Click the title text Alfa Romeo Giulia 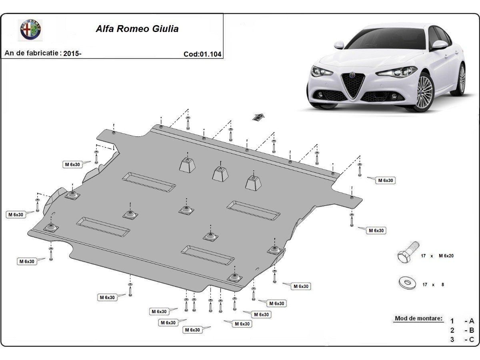click(x=137, y=29)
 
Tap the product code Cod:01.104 click(x=202, y=54)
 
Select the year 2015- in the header click(x=73, y=53)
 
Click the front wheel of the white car click(x=424, y=92)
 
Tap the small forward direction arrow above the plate click(x=258, y=117)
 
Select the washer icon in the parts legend click(x=407, y=283)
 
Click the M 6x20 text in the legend click(x=446, y=256)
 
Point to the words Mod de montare click(x=419, y=319)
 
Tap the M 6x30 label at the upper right click(x=386, y=180)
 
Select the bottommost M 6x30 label click(x=192, y=330)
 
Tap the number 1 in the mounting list click(x=452, y=321)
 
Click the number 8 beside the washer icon click(x=442, y=285)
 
